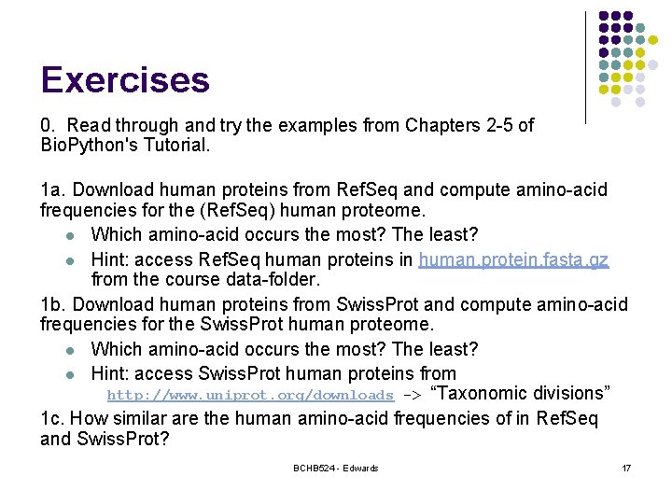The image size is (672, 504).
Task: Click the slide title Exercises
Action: coord(125,80)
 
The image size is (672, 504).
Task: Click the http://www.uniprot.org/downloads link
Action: coord(250,396)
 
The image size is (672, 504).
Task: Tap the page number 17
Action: coord(625,468)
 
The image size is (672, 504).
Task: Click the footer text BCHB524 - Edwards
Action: coord(335,468)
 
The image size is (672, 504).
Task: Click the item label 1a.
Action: coord(52,190)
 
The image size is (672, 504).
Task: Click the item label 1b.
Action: coord(52,304)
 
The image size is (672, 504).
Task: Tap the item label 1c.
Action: coord(52,418)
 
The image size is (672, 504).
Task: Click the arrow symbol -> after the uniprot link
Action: coord(411,395)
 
